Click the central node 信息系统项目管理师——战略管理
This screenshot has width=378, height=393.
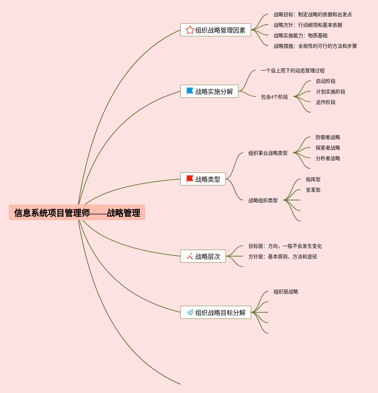(x=77, y=213)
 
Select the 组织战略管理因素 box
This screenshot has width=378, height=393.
(x=215, y=30)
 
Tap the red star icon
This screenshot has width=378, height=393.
(x=190, y=30)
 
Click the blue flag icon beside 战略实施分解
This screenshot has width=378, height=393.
(x=190, y=91)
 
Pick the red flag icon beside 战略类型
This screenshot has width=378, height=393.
(x=190, y=179)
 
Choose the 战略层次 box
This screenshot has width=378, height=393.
(x=203, y=257)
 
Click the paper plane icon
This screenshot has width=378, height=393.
(x=190, y=312)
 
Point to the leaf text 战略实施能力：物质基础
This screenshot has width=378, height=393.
(x=301, y=35)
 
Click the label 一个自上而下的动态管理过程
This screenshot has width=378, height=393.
(x=293, y=71)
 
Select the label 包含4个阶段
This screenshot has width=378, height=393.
(x=274, y=97)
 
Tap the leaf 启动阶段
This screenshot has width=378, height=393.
(x=325, y=81)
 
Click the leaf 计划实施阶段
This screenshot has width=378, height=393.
(x=330, y=92)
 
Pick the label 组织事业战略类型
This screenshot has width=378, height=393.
(x=268, y=153)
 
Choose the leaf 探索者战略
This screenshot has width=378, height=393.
(x=328, y=148)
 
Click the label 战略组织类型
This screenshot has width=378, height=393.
(x=263, y=200)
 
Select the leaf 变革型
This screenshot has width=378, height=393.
(x=313, y=190)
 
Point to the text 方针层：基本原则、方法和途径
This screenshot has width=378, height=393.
(x=282, y=257)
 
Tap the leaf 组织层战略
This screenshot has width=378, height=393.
(x=286, y=292)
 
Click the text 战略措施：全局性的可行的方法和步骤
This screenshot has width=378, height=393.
(x=315, y=46)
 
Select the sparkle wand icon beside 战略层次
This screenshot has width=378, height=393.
(x=190, y=257)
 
